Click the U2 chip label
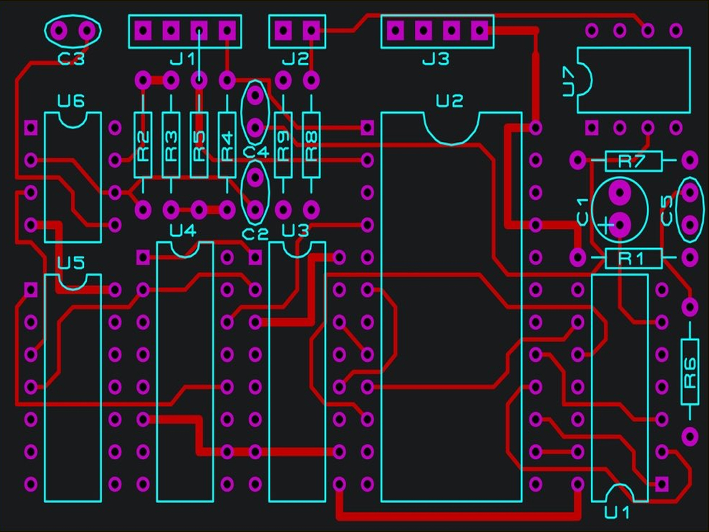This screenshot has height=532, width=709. tap(449, 101)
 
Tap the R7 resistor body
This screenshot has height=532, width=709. tap(633, 161)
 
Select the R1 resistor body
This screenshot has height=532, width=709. tap(633, 258)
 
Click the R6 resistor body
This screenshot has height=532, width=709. tap(690, 372)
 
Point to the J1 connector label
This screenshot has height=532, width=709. tap(183, 59)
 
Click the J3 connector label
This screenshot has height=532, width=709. tap(435, 59)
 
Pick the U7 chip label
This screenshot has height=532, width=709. tap(569, 82)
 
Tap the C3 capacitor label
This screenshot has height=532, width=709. tap(71, 59)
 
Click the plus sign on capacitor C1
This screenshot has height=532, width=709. tap(606, 225)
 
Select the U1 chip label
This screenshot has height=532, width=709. tap(617, 512)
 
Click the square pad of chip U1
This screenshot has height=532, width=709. tap(662, 484)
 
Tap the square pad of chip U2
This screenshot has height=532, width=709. tap(367, 128)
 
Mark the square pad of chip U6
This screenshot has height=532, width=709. tap(31, 128)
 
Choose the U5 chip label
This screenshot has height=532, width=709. tap(71, 262)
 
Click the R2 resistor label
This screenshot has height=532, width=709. tap(143, 145)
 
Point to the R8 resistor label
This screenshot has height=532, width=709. tap(311, 145)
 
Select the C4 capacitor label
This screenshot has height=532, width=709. tap(255, 152)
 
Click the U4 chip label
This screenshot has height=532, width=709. tap(183, 231)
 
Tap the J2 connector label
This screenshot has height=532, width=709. tap(295, 59)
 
